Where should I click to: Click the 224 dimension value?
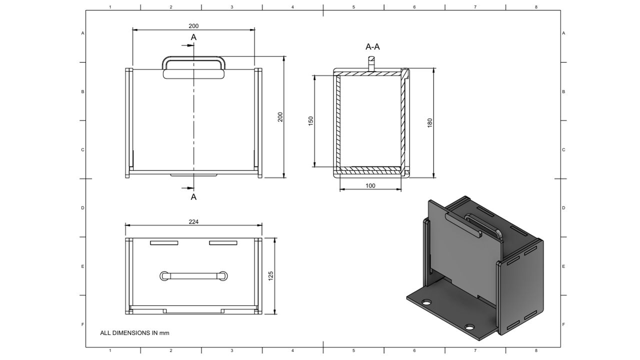point(193,221)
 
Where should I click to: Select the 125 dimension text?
point(270,275)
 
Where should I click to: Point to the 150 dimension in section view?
point(310,121)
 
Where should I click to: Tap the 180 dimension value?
point(429,122)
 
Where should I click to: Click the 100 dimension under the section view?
point(370,185)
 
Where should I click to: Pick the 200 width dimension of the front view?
point(193,25)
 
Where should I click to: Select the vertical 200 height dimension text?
point(280,116)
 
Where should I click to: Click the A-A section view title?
point(372,47)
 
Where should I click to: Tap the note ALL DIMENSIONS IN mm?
point(134,332)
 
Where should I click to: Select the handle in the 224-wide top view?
point(193,275)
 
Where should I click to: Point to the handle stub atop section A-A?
point(371,63)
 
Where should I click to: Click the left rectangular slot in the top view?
point(164,243)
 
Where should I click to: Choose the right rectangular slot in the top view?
point(223,243)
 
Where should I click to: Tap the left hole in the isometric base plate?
point(426,302)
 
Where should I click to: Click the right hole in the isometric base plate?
point(469,327)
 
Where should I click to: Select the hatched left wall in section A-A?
point(338,121)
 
